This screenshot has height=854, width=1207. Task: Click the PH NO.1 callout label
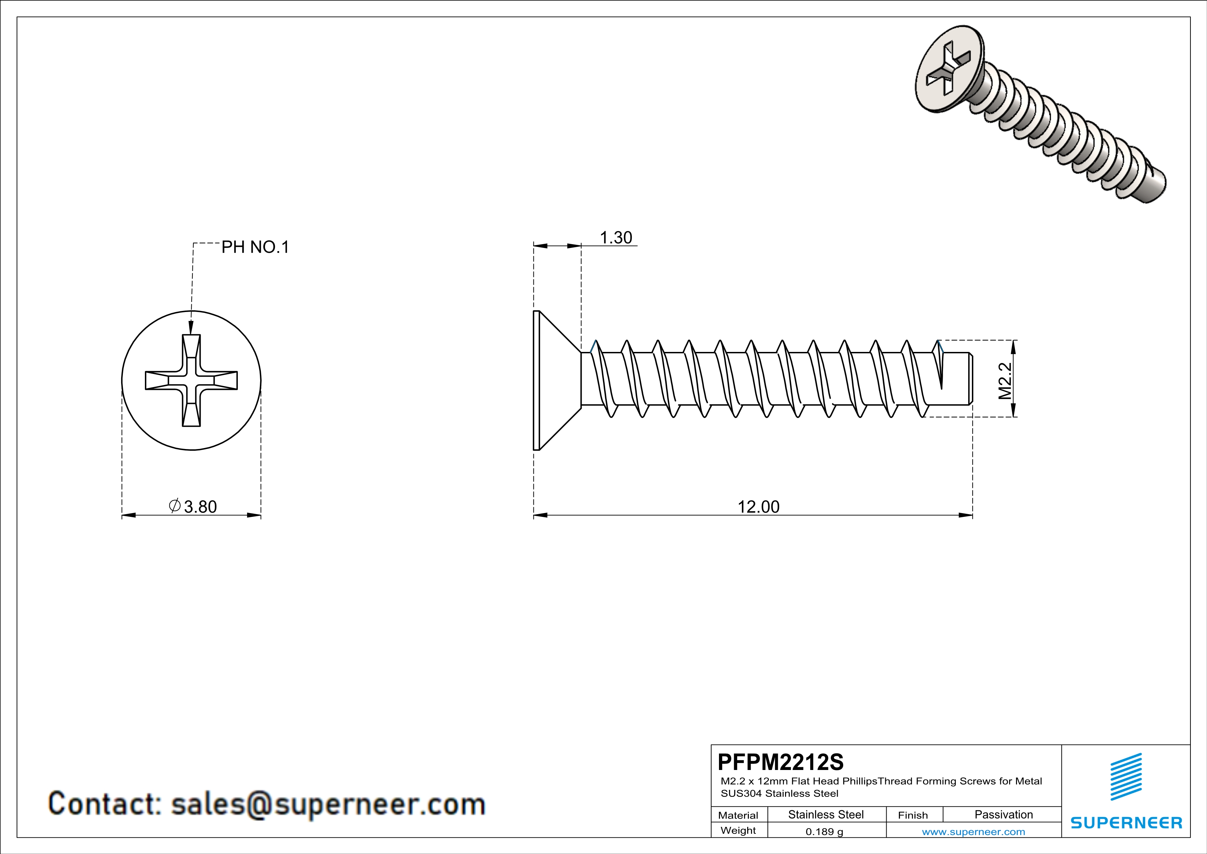click(x=255, y=247)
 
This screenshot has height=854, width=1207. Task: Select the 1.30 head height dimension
click(x=616, y=238)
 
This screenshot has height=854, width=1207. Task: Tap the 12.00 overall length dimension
click(x=758, y=507)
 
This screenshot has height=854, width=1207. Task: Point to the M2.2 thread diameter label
click(x=1005, y=381)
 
